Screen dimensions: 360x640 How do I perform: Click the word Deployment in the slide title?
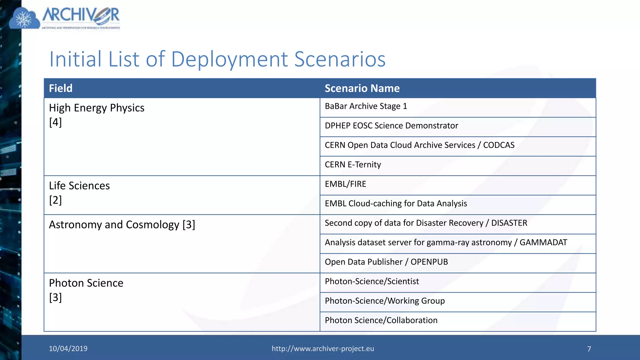click(x=229, y=59)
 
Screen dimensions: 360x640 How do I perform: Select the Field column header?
click(x=61, y=88)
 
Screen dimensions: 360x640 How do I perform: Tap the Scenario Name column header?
click(x=362, y=88)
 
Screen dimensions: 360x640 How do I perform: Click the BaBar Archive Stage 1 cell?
click(x=366, y=107)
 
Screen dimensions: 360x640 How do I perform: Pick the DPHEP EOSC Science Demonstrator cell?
click(x=391, y=126)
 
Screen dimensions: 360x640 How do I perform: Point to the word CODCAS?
click(x=498, y=145)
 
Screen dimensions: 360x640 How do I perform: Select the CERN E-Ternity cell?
click(x=353, y=165)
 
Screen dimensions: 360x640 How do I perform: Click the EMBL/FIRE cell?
click(x=345, y=184)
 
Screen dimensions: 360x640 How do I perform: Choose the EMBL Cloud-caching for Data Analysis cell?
click(x=396, y=204)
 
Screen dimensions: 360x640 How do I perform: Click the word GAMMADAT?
click(x=543, y=242)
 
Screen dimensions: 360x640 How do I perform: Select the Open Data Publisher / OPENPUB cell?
click(x=386, y=262)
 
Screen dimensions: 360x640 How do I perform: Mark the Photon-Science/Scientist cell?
click(x=372, y=282)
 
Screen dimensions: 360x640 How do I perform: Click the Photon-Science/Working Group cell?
click(x=385, y=301)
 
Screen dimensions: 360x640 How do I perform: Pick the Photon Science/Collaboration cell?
click(x=381, y=320)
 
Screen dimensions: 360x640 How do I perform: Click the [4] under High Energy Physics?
click(x=55, y=122)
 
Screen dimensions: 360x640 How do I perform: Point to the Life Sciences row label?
click(x=79, y=186)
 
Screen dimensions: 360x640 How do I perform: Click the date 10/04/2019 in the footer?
click(x=68, y=349)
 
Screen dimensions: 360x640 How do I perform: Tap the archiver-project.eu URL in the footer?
click(x=322, y=349)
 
